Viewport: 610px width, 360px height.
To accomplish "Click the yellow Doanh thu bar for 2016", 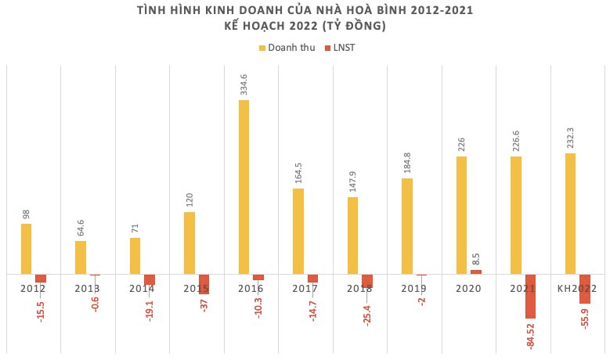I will coord(244,187).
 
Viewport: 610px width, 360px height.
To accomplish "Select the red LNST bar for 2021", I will coord(530,297).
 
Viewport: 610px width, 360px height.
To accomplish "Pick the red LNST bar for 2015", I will coord(204,284).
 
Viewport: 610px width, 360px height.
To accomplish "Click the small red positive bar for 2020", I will coord(475,272).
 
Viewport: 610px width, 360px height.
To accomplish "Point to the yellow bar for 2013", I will coord(81,257).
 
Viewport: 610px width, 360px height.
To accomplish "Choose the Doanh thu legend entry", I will coord(287,48).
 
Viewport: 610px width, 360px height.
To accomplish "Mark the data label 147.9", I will coord(352,181).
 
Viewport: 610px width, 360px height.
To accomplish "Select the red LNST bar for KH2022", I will coord(584,289).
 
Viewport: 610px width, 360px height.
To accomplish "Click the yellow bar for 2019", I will coord(407,226).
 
